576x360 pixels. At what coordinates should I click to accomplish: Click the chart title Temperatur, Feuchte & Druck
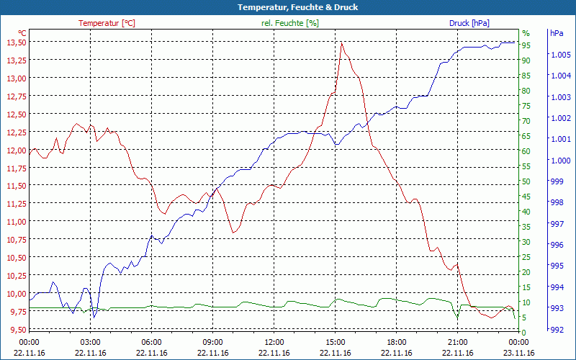click(287, 7)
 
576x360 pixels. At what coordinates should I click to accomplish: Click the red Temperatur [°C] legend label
click(107, 23)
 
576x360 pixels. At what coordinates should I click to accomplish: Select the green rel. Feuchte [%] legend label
click(289, 23)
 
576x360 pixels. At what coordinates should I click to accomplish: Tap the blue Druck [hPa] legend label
click(469, 23)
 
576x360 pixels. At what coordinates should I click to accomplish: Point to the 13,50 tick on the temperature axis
click(16, 42)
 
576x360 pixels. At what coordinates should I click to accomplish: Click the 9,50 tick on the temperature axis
click(16, 329)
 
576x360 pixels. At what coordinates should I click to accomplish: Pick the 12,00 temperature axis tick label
click(16, 150)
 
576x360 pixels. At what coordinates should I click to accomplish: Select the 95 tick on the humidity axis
click(526, 45)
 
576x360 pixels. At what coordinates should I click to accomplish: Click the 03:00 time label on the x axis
click(90, 342)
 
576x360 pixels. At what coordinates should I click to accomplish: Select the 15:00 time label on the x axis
click(335, 342)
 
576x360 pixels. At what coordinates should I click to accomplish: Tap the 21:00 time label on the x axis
click(457, 342)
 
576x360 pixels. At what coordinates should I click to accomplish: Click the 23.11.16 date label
click(518, 353)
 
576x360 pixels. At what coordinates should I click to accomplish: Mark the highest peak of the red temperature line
click(342, 42)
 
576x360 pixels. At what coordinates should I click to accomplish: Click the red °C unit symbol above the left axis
click(22, 33)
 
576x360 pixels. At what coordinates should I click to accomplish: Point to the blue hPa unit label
click(556, 33)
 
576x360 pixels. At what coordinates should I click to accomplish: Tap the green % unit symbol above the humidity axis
click(526, 33)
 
